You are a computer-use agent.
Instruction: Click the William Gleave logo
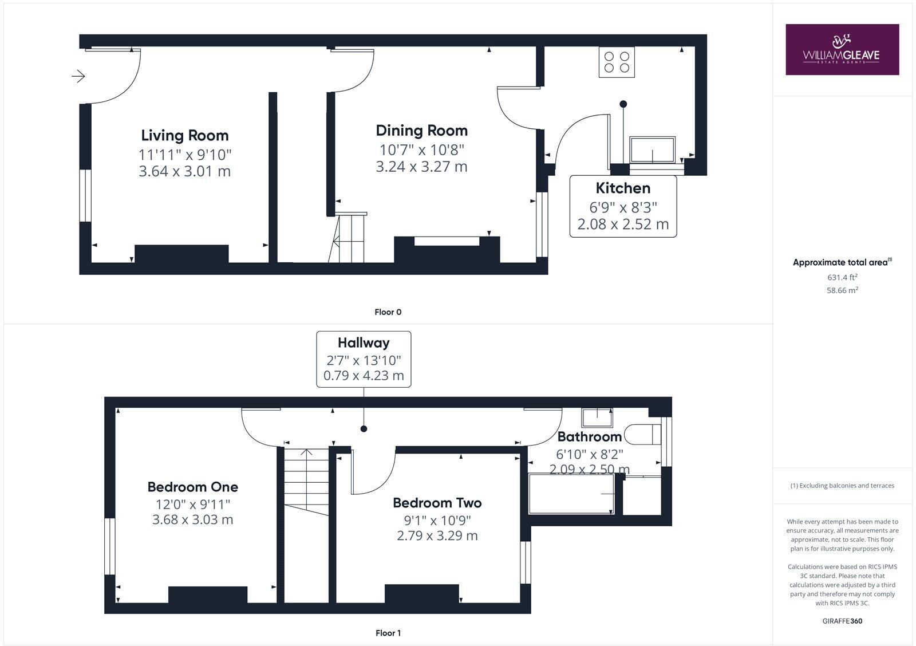pos(842,49)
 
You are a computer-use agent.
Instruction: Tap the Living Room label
pos(184,136)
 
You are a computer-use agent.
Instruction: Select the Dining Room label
pos(421,131)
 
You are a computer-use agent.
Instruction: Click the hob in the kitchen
pos(617,62)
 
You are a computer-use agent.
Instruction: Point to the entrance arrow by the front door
pos(78,76)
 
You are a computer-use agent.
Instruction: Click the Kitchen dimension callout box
pos(623,206)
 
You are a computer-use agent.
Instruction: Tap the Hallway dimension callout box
pos(364,359)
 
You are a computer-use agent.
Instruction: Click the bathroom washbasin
pos(597,417)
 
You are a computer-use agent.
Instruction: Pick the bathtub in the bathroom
pos(571,494)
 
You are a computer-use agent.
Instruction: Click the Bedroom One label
pos(192,487)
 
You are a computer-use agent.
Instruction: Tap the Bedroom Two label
pos(437,503)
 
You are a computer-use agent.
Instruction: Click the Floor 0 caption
pos(388,312)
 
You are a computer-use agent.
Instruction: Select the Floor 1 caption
pos(388,633)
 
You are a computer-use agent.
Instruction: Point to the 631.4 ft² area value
pos(842,277)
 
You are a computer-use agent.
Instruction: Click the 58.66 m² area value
pos(842,290)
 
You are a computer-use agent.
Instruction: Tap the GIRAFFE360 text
pos(842,621)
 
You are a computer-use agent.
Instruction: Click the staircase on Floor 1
pos(306,481)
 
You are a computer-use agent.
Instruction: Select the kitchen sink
pos(653,150)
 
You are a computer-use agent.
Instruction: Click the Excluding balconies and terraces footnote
pos(842,486)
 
